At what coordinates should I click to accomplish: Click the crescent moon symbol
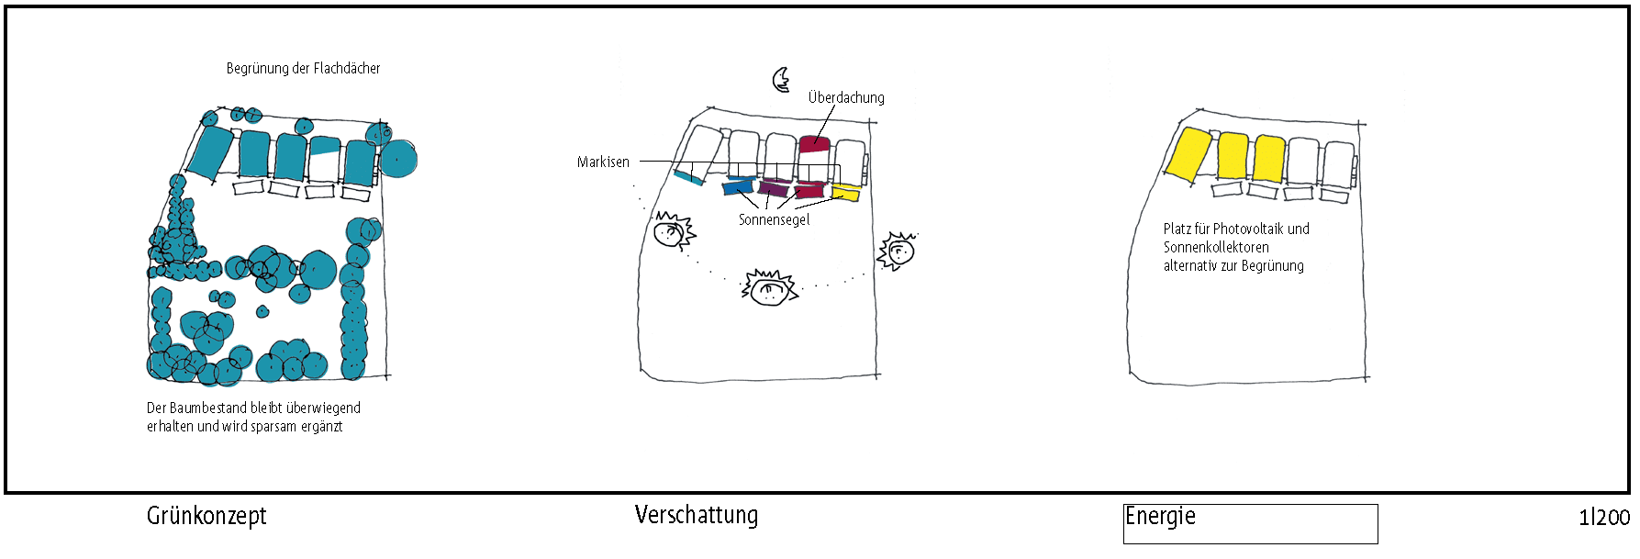tap(781, 80)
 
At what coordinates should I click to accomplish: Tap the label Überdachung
tap(846, 97)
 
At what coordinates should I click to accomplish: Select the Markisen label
tap(603, 162)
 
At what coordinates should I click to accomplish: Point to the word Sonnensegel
tap(774, 220)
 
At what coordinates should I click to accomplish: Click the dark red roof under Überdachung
tap(814, 144)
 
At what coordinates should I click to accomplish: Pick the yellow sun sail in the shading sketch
tap(845, 193)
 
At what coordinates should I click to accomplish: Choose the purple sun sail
tap(774, 189)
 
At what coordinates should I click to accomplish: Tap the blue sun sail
tap(737, 187)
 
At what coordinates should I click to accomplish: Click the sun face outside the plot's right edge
tap(898, 252)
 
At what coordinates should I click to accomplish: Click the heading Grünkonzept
tap(206, 516)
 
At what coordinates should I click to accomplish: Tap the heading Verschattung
tap(697, 515)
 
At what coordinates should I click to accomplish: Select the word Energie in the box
tap(1160, 516)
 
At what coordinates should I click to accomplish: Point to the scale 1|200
tap(1604, 518)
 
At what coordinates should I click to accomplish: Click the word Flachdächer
tap(347, 68)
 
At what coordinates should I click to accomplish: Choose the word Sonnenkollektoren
tap(1216, 247)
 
